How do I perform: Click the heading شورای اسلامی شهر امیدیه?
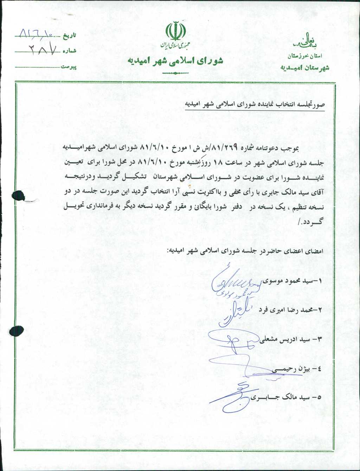[x=175, y=61]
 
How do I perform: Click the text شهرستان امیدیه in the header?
[x=305, y=68]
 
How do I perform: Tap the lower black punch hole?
[x=17, y=331]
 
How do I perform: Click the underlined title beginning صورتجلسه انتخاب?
[x=255, y=105]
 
